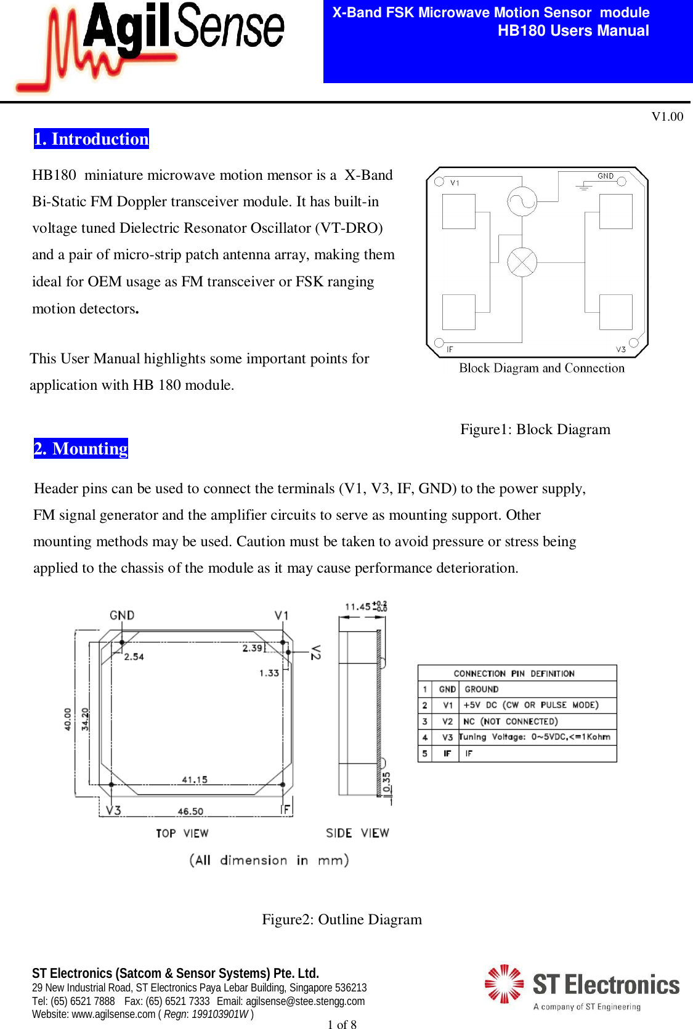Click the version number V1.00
(x=667, y=116)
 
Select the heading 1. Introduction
(x=91, y=139)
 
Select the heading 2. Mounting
(x=81, y=448)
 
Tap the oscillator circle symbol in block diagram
(x=522, y=201)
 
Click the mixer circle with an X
(x=522, y=262)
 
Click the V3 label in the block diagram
(x=621, y=349)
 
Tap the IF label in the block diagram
(x=450, y=349)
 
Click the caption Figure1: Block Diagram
(x=535, y=429)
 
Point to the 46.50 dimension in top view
(x=190, y=812)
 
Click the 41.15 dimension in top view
(x=195, y=780)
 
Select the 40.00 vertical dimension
(x=68, y=719)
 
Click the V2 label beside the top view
(x=315, y=652)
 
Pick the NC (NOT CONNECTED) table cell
(x=510, y=721)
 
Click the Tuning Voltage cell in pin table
(x=535, y=737)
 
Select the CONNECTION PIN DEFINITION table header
(x=514, y=674)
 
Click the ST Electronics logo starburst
(x=504, y=983)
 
